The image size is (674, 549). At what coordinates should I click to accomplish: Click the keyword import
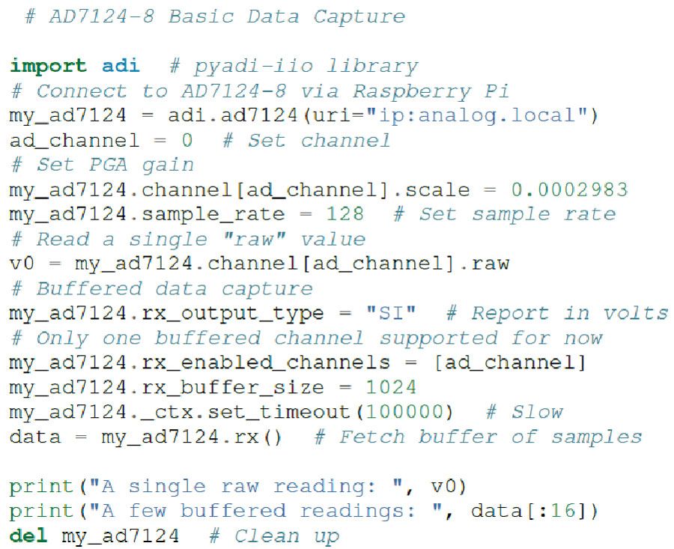[48, 66]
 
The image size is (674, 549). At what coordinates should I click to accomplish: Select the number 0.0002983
[569, 189]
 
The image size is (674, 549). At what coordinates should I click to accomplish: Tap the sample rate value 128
[344, 214]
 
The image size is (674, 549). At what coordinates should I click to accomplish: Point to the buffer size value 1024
[389, 387]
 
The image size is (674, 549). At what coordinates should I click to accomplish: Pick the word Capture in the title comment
[359, 16]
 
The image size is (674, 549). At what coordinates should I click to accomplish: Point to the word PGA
[121, 165]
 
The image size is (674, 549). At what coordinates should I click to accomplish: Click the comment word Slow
[537, 412]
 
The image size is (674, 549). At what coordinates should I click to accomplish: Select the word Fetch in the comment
[371, 437]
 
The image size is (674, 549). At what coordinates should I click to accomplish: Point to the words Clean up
[287, 536]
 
